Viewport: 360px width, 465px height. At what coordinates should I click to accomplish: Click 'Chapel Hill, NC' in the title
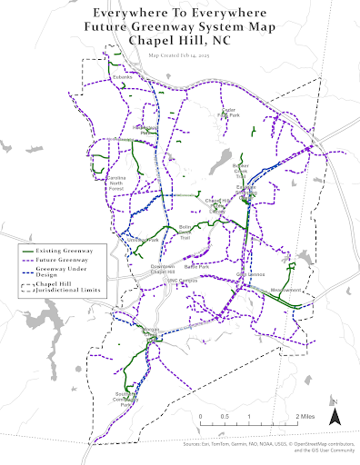click(x=180, y=41)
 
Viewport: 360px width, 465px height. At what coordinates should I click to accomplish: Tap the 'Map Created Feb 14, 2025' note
click(x=180, y=54)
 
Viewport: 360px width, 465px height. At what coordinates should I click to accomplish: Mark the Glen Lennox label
click(x=250, y=274)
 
